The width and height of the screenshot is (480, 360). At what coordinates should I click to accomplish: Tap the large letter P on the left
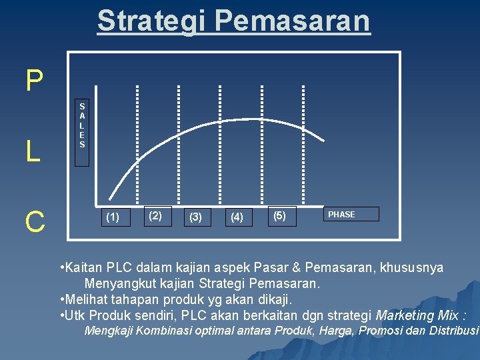click(x=34, y=81)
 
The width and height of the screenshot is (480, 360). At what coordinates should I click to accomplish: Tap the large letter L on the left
click(x=33, y=152)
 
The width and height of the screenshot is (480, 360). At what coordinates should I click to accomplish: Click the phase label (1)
click(x=113, y=217)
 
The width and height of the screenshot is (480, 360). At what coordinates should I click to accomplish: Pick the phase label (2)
click(x=155, y=215)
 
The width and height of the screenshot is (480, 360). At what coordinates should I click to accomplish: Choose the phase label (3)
click(x=196, y=217)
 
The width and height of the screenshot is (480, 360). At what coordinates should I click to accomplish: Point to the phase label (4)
click(x=237, y=217)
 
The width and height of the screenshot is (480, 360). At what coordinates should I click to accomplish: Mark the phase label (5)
click(x=280, y=215)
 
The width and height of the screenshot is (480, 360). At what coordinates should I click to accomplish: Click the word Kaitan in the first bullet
click(x=82, y=268)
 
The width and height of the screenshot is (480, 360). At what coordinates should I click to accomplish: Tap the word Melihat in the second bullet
click(x=85, y=299)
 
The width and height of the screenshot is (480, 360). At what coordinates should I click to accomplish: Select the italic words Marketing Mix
click(x=421, y=315)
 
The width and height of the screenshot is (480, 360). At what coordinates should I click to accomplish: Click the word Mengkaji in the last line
click(x=108, y=331)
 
